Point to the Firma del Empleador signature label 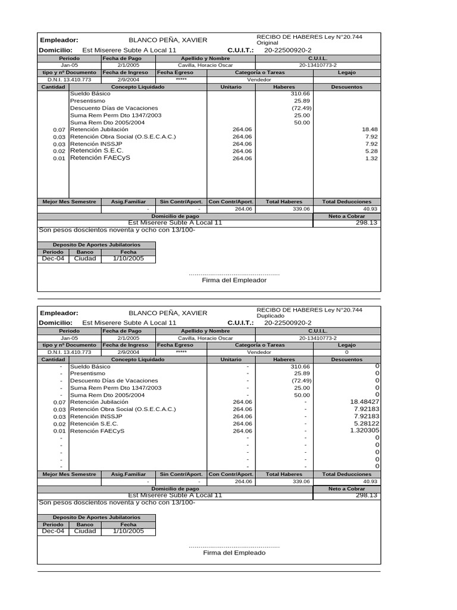[234, 280]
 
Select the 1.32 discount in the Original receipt [371, 158]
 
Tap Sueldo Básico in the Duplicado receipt [90, 366]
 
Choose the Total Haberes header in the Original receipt [284, 202]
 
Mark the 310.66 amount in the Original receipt [301, 94]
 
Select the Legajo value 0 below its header [346, 353]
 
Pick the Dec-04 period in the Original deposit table [52, 259]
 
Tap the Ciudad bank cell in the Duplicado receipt [84, 531]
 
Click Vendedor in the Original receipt [259, 79]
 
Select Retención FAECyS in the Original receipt [99, 158]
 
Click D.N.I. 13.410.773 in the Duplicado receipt [69, 353]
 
